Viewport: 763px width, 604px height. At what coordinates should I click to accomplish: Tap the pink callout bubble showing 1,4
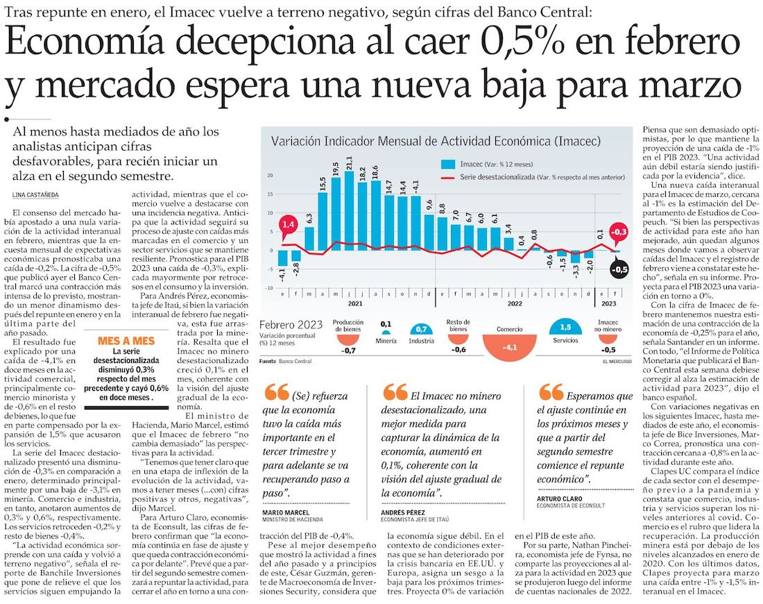point(288,224)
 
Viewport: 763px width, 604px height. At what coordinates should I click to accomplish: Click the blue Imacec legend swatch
point(448,165)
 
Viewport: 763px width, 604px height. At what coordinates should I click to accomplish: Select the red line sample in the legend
point(448,178)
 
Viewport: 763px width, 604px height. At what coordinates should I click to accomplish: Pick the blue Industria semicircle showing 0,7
point(421,329)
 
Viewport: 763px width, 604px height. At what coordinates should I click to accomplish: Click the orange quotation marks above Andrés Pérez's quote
point(396,392)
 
